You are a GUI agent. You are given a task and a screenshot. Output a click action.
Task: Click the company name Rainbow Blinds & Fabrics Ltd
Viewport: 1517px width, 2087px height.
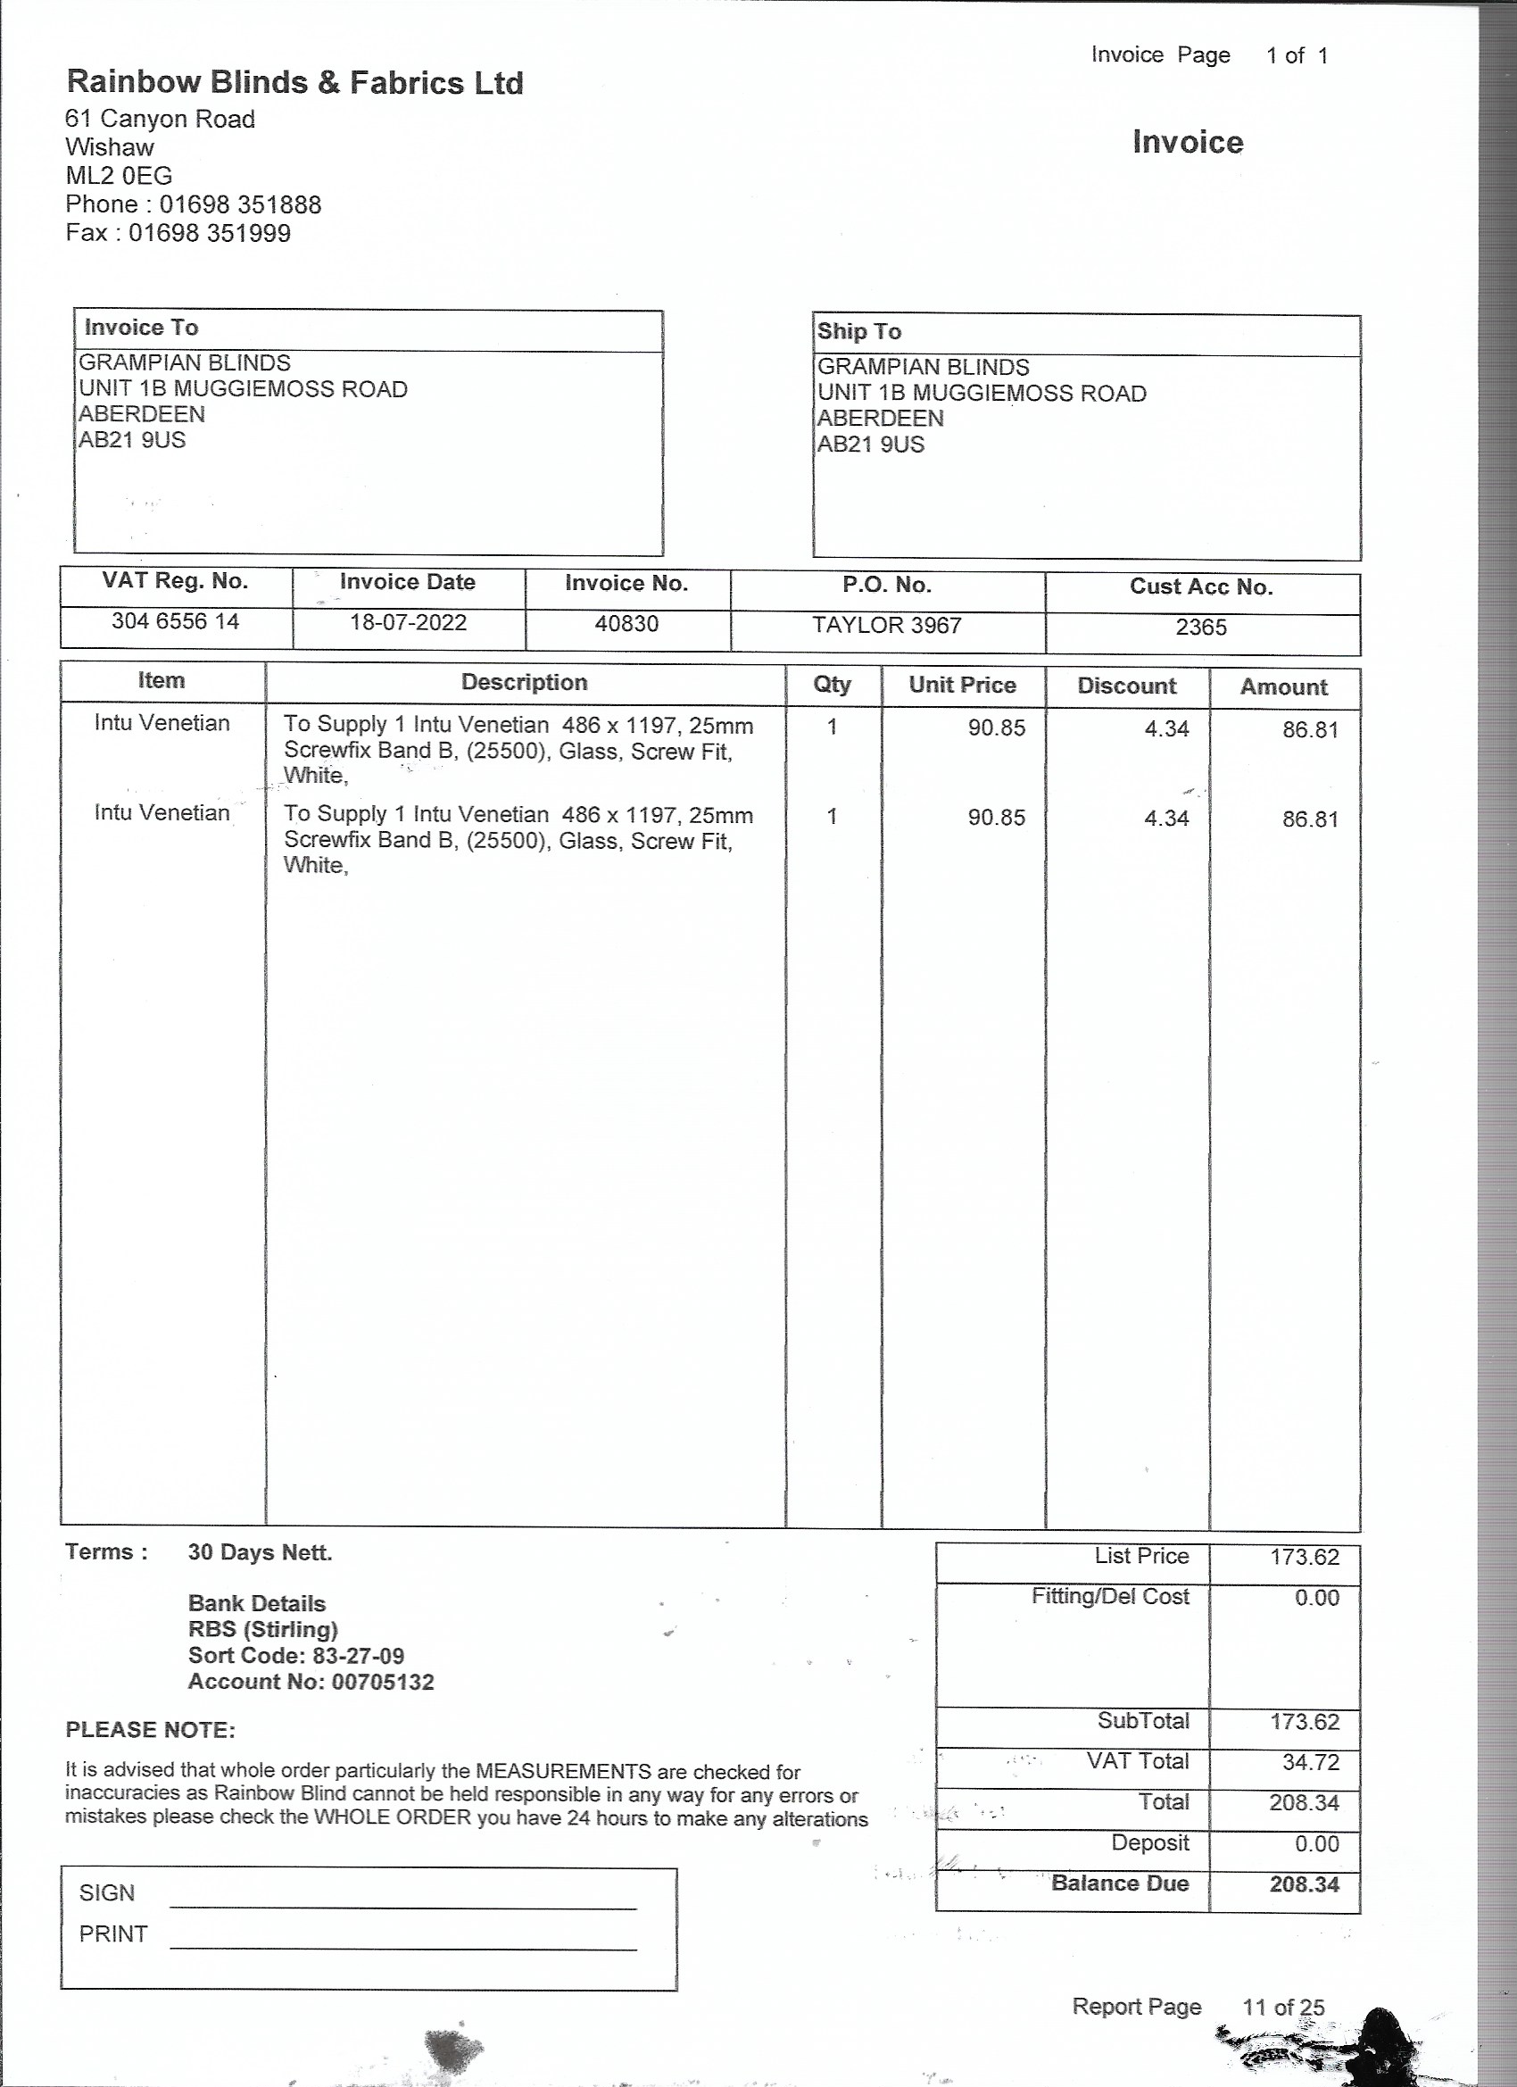tap(294, 83)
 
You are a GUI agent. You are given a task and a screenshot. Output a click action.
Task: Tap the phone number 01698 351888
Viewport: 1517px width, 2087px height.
tap(240, 204)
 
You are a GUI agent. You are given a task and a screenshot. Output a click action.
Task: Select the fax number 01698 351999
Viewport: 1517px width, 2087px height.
tap(209, 233)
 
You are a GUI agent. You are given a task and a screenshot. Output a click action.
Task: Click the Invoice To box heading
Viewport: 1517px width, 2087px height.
tap(141, 328)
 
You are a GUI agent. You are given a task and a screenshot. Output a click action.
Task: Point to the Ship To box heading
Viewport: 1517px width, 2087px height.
tap(858, 331)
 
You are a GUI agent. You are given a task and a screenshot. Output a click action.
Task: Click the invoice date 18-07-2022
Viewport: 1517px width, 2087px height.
tap(408, 623)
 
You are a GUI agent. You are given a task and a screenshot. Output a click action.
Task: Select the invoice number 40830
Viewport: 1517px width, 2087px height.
tap(626, 624)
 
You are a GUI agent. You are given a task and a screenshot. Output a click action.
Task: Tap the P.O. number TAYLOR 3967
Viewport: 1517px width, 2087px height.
tap(886, 626)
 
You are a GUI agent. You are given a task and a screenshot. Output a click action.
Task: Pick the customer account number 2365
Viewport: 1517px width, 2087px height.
tap(1200, 628)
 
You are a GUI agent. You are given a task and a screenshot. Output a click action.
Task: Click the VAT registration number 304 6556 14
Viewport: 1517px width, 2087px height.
tap(175, 622)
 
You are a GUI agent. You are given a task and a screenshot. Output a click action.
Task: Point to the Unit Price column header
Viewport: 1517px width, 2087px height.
tap(961, 685)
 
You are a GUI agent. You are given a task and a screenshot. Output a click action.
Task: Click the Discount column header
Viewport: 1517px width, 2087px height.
tap(1126, 686)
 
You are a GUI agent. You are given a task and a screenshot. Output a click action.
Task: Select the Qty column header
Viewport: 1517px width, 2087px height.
tap(832, 685)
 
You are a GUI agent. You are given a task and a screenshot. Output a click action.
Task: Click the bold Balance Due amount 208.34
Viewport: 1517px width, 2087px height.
tap(1304, 1883)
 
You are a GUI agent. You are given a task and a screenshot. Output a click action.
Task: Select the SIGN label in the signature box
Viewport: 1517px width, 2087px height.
tap(107, 1892)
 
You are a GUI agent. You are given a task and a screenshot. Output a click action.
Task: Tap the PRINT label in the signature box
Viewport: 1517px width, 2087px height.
tap(113, 1934)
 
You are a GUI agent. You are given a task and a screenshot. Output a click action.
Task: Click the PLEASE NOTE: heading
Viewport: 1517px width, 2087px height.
tap(150, 1730)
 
